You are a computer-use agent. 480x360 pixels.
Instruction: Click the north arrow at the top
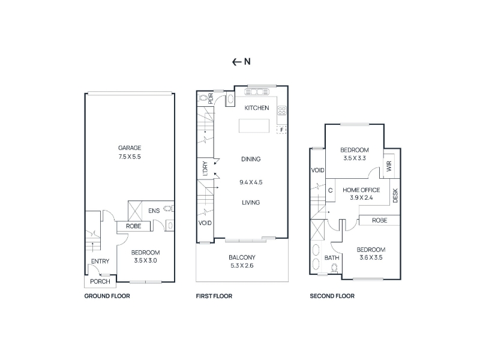(x=236, y=62)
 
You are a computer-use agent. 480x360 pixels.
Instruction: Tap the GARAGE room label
(x=130, y=148)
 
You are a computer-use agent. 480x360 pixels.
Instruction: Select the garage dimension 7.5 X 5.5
(x=130, y=157)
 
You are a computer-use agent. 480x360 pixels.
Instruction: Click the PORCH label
(x=100, y=281)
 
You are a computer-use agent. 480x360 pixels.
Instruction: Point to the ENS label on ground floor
(x=154, y=211)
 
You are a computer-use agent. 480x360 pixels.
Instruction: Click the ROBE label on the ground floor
(x=133, y=226)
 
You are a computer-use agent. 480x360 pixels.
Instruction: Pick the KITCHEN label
(x=257, y=108)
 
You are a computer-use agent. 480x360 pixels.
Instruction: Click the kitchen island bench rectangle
(x=254, y=126)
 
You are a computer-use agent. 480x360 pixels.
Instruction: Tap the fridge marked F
(x=281, y=130)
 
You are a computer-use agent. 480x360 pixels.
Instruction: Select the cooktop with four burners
(x=282, y=110)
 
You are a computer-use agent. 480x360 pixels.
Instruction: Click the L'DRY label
(x=205, y=169)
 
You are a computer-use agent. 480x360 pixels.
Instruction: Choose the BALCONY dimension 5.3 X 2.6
(x=242, y=266)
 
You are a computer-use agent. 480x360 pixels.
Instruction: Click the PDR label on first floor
(x=211, y=98)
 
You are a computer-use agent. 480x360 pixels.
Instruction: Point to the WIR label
(x=389, y=167)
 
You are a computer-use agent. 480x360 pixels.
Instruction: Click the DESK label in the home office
(x=395, y=196)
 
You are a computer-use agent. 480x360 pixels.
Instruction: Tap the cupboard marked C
(x=331, y=190)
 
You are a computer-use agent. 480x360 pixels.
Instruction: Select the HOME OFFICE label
(x=361, y=190)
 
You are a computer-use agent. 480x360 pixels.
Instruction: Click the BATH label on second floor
(x=332, y=258)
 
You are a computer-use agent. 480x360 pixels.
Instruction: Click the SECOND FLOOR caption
(x=332, y=296)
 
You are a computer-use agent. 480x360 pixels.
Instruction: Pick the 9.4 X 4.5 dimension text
(x=251, y=182)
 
